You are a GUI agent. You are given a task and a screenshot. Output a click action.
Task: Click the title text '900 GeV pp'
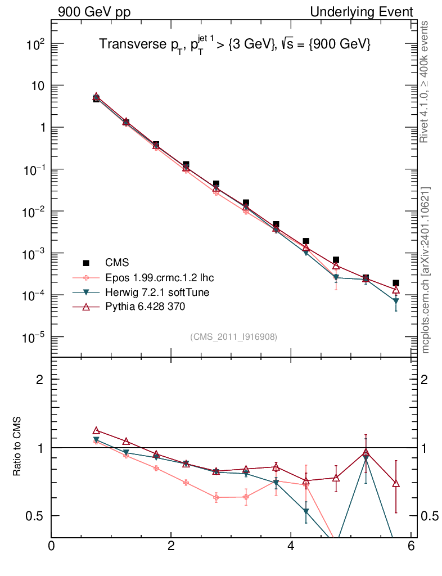94,12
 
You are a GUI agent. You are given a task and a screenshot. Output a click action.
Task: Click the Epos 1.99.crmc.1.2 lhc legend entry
159,278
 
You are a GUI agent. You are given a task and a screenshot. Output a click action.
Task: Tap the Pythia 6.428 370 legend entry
145,307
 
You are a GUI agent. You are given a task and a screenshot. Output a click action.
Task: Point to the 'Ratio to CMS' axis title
17,448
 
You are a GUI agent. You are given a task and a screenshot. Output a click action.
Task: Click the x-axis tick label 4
291,546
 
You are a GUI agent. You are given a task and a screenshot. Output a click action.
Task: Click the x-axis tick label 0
52,546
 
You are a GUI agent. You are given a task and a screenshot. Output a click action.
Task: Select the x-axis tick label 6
411,546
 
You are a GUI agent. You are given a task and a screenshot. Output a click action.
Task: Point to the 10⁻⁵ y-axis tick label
34,337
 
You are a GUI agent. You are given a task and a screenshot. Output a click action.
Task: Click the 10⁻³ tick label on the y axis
34,254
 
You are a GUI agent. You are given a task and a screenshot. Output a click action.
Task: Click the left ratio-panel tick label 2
40,380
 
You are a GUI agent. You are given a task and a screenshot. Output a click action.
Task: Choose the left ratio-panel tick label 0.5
36,516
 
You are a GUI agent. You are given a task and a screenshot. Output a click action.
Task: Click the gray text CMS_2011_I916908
234,336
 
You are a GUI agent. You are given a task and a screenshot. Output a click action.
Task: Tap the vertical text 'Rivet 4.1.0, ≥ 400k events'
425,82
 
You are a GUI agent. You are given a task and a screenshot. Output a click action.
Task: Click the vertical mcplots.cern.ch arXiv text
425,270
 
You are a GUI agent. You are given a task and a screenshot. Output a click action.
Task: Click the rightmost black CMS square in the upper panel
396,283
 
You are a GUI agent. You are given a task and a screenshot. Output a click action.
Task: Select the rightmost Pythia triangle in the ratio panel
396,484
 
